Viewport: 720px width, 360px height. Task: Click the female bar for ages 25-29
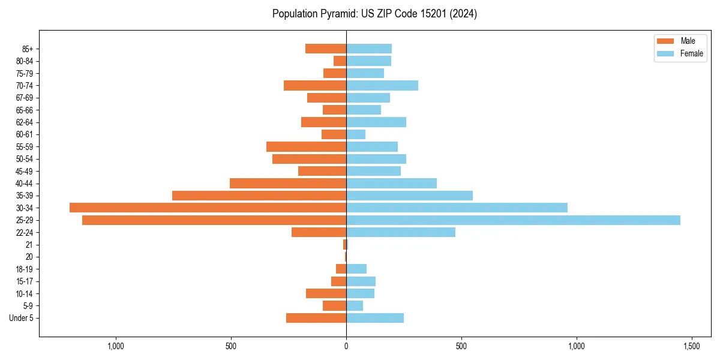coord(513,220)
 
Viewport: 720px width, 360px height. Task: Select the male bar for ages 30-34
coord(208,208)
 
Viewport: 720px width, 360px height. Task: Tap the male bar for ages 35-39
coord(259,196)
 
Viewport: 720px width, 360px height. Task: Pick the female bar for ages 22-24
coord(401,232)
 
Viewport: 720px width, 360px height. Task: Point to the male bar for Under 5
coord(316,318)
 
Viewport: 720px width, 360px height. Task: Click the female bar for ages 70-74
coord(382,85)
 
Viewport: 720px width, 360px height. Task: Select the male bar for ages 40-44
coord(288,183)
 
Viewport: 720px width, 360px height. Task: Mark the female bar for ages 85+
coord(369,49)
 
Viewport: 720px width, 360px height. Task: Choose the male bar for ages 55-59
coord(306,146)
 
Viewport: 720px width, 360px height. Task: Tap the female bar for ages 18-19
coord(356,269)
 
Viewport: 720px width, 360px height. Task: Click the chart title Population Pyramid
coord(374,14)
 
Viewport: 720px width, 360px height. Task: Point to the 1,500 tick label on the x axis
coord(691,346)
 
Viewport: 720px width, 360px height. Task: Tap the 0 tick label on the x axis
coord(346,346)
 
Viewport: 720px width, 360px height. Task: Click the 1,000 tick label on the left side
coord(116,346)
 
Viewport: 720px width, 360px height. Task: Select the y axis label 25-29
coord(25,220)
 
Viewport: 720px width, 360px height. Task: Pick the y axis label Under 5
coord(22,318)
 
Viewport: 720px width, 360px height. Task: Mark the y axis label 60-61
coord(25,134)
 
